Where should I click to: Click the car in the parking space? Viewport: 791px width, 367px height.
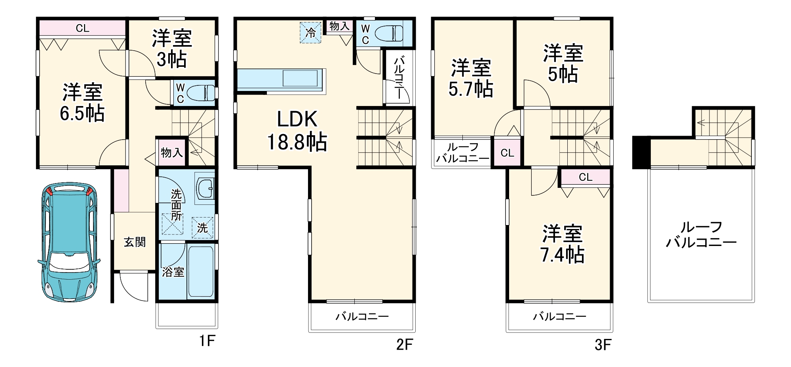pyautogui.click(x=69, y=242)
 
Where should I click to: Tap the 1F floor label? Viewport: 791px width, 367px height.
pyautogui.click(x=207, y=341)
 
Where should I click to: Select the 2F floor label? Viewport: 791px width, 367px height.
pyautogui.click(x=404, y=345)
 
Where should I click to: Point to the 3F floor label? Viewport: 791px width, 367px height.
pyautogui.click(x=603, y=345)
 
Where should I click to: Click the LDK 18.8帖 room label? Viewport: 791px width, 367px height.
pyautogui.click(x=297, y=131)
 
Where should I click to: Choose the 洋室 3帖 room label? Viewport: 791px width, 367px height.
pyautogui.click(x=172, y=49)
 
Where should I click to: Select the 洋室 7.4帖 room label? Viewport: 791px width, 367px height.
pyautogui.click(x=562, y=244)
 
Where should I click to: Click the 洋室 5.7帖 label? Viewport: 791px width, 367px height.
pyautogui.click(x=471, y=78)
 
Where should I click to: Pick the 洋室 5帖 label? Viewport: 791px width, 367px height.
pyautogui.click(x=563, y=64)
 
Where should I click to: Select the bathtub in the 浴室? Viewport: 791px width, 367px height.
pyautogui.click(x=201, y=271)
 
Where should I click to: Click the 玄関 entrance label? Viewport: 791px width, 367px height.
pyautogui.click(x=135, y=242)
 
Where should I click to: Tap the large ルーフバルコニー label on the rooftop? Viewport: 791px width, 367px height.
pyautogui.click(x=701, y=235)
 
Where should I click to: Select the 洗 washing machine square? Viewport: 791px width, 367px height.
pyautogui.click(x=202, y=228)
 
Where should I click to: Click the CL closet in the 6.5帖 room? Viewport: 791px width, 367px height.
pyautogui.click(x=82, y=28)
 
